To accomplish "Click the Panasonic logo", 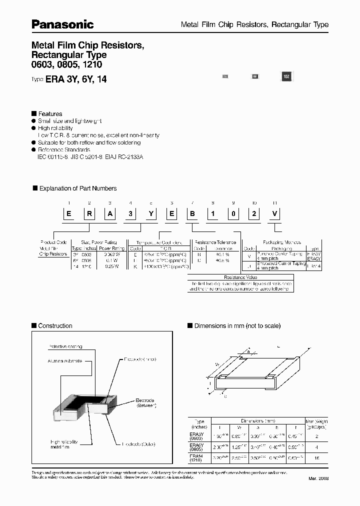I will tap(63, 24).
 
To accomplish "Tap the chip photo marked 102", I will tap(286, 76).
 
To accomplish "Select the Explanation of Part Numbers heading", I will tap(77, 188).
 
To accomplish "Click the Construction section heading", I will tap(55, 326).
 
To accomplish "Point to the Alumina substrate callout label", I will tap(65, 360).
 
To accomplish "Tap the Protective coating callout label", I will tap(65, 346).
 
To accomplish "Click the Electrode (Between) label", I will tap(146, 403).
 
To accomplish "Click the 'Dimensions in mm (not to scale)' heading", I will tap(237, 326).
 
